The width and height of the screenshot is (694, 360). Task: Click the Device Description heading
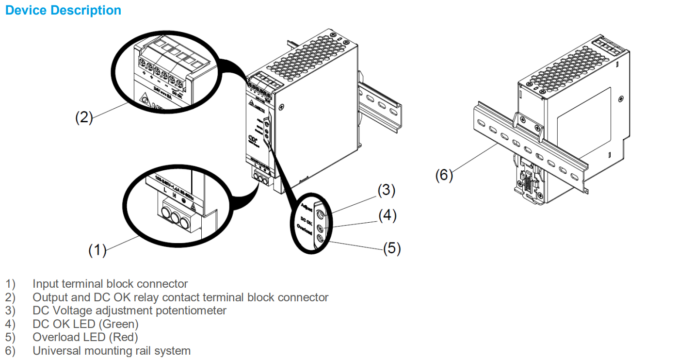(63, 10)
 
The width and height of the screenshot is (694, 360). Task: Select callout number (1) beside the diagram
(97, 250)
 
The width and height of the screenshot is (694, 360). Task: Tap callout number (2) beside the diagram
(83, 117)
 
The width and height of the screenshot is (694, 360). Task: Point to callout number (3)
(387, 191)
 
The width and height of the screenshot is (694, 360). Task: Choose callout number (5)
(392, 248)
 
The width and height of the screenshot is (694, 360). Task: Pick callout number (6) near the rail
(444, 175)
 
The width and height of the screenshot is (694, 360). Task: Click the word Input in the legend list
(46, 284)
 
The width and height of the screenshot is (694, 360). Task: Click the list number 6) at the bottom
(10, 350)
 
